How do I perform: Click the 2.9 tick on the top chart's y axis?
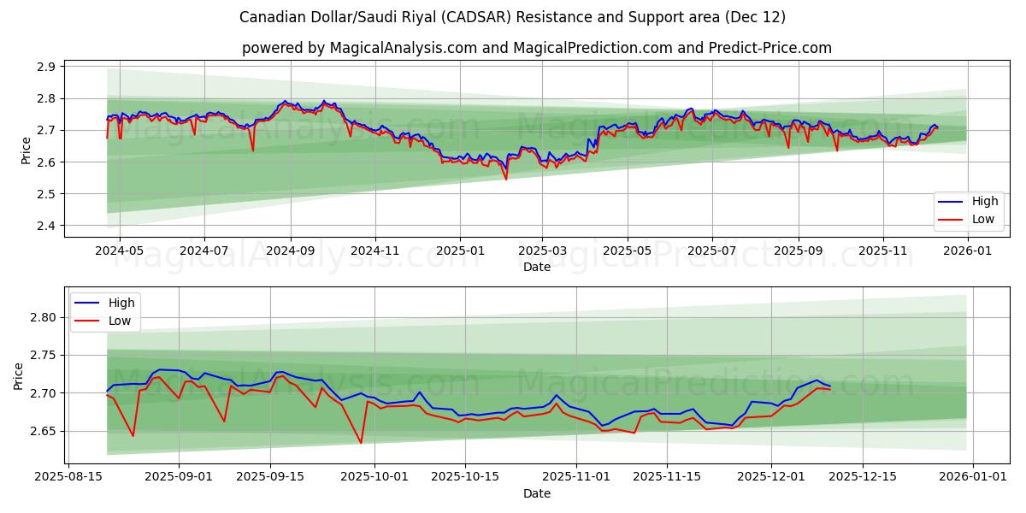tap(48, 67)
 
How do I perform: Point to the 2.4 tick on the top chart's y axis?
tap(48, 226)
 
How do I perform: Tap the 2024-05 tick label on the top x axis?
tap(119, 251)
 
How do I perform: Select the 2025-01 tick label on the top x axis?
tap(459, 251)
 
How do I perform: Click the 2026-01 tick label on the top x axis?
tap(968, 251)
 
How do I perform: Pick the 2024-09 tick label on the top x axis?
tap(290, 251)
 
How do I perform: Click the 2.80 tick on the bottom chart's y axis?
tap(44, 317)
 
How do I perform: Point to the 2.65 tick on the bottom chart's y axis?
tap(44, 431)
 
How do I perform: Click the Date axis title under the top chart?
tap(537, 267)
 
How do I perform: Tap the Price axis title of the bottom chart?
tap(18, 375)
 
